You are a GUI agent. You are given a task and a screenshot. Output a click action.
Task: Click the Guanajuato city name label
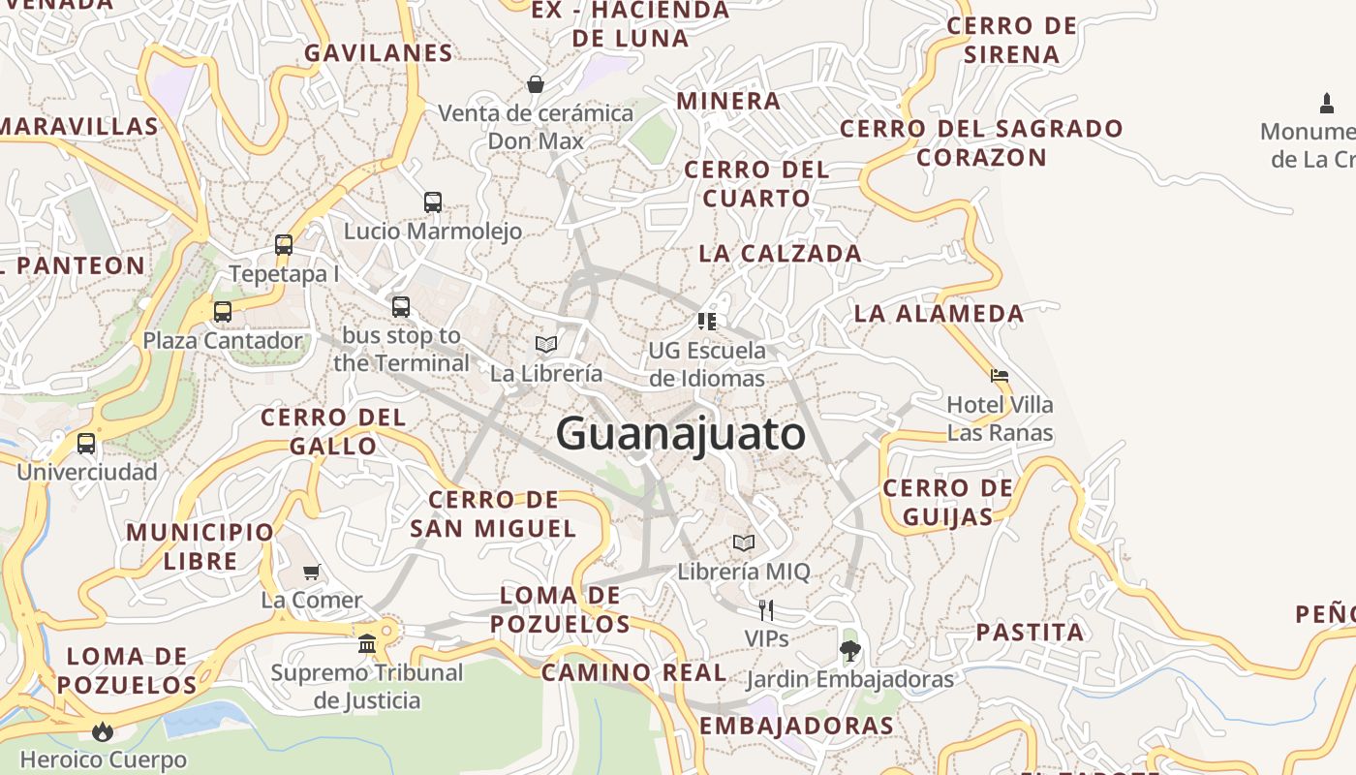point(680,433)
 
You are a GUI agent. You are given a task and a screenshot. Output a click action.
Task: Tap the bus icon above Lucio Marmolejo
point(433,202)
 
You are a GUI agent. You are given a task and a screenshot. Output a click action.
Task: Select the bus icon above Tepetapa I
point(284,245)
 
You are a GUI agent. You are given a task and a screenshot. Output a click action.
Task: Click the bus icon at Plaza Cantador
point(223,312)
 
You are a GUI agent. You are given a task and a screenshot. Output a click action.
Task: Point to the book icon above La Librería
point(546,344)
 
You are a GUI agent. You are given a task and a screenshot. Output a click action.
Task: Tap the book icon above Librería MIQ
point(744,542)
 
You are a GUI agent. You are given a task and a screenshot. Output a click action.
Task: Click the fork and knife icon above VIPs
point(766,609)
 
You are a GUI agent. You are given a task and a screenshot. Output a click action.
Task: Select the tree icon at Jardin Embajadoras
point(850,651)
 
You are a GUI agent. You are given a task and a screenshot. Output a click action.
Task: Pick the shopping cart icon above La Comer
point(312,572)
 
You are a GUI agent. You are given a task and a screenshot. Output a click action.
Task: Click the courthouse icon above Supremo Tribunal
point(367,643)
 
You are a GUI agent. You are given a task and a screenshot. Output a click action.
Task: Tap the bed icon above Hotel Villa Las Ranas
point(1000,375)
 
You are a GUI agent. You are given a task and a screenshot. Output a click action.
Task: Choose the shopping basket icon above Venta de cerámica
point(536,84)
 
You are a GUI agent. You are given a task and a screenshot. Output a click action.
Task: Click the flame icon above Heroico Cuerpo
point(103,731)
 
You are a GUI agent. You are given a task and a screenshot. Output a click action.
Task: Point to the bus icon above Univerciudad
point(86,444)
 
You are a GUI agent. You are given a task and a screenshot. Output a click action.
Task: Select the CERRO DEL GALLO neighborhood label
point(333,432)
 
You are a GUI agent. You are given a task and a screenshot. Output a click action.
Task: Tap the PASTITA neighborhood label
point(1030,633)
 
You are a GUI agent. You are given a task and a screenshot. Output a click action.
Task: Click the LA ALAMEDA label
point(939,313)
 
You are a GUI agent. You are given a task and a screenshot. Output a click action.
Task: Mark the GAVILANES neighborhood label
point(379,52)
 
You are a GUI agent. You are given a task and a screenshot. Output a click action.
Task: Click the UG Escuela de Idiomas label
point(707,364)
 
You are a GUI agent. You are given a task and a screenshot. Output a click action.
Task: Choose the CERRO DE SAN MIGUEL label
point(493,514)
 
